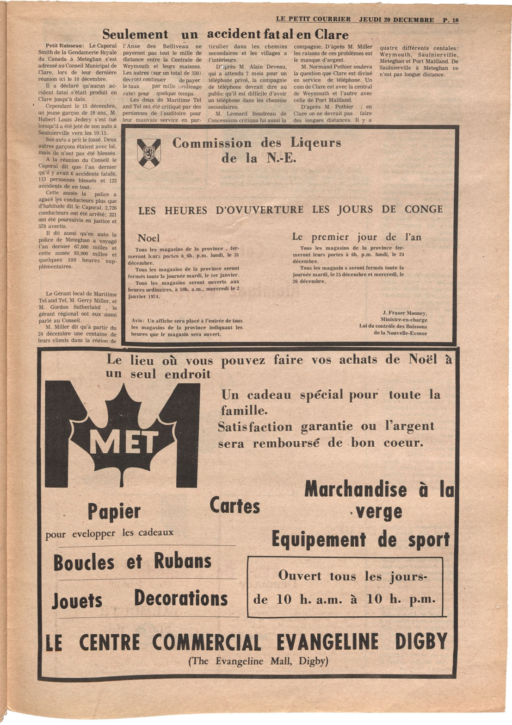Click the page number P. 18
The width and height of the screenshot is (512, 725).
coord(450,20)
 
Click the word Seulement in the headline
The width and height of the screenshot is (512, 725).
coord(135,35)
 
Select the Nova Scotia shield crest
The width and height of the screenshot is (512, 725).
coord(149,153)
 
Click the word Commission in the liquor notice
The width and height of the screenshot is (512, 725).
coord(212,143)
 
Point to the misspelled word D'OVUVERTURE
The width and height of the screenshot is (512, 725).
coord(259,210)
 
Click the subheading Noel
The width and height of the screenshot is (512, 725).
coord(148,238)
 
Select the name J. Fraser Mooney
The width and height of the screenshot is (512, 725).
coord(405,313)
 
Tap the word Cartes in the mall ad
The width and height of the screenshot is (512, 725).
coord(234,506)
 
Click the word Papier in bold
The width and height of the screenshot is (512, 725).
coord(114,512)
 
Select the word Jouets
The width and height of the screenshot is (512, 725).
coord(77,600)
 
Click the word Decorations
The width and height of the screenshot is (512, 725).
coord(181,598)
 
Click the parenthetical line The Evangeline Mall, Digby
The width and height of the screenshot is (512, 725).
coord(258,661)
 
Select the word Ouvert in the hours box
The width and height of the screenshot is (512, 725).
coord(299,576)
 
